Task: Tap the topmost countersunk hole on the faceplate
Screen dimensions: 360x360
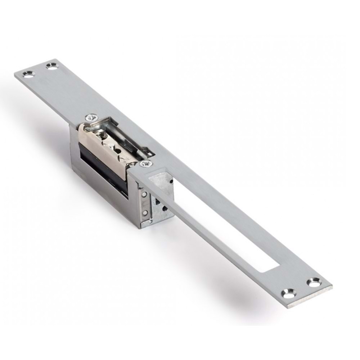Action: pyautogui.click(x=52, y=66)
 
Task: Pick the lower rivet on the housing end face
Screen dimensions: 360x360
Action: pyautogui.click(x=145, y=213)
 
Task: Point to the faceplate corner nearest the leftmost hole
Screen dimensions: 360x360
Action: pyautogui.click(x=16, y=75)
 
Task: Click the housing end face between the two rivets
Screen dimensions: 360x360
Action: pyautogui.click(x=145, y=204)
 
